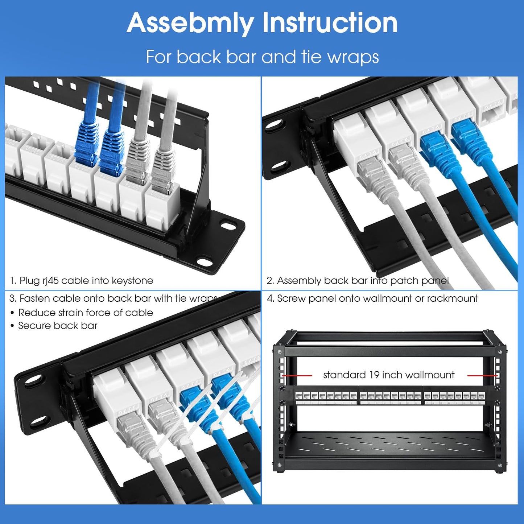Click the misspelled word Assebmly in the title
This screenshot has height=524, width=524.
(191, 23)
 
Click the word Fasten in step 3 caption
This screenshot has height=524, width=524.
(34, 298)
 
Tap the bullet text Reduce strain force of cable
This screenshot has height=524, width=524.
(86, 313)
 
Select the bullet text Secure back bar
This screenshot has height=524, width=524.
(58, 326)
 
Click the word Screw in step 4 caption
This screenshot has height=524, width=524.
(289, 298)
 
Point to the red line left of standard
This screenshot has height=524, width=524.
(297, 376)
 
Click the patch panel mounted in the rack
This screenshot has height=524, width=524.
(390, 396)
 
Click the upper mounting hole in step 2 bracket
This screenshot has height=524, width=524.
(272, 125)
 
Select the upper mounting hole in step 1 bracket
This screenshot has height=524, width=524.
(228, 226)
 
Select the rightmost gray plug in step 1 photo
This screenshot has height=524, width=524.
(162, 170)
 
